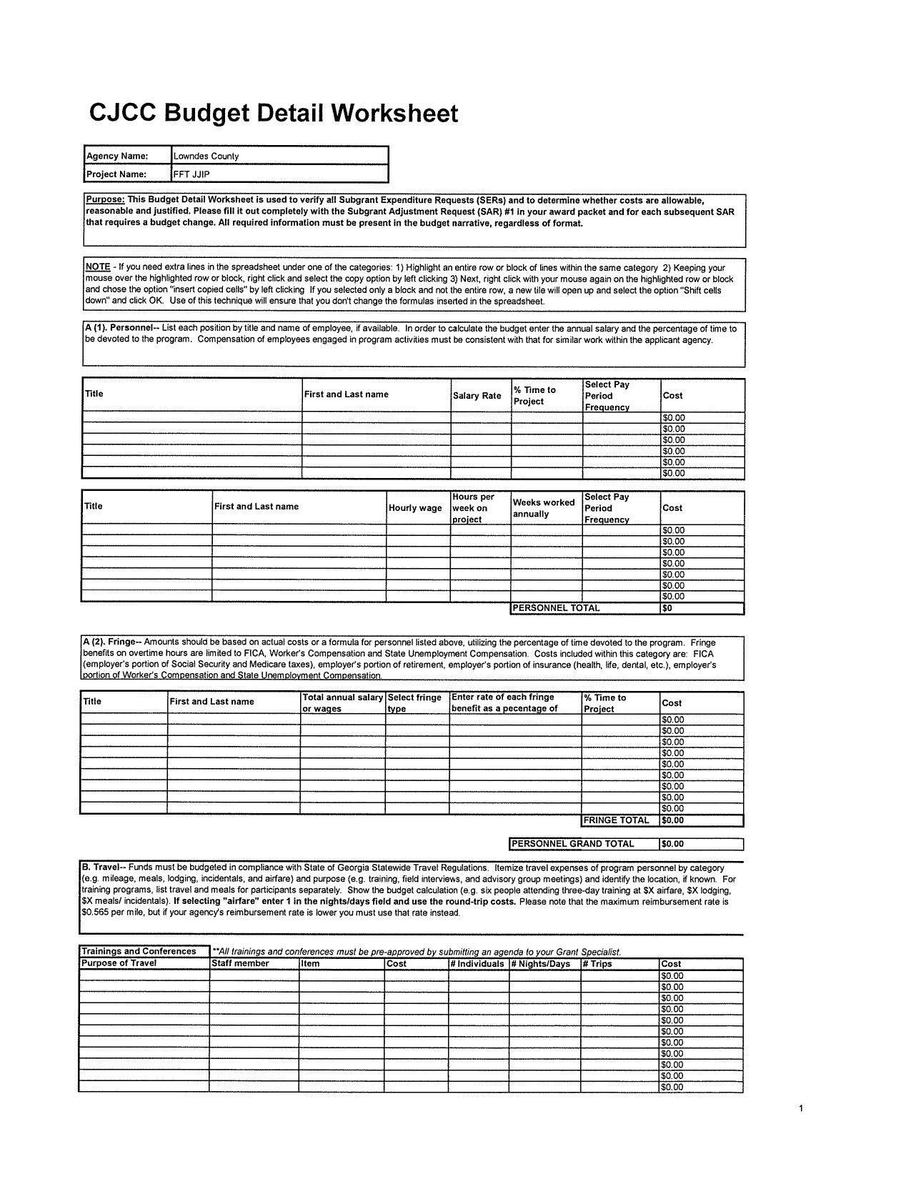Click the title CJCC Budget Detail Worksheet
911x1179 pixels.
point(273,114)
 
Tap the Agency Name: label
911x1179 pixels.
point(117,156)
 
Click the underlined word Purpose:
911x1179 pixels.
point(105,200)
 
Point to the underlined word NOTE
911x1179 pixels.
point(97,267)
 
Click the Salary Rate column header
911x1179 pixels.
point(477,396)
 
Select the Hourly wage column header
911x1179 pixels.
point(415,508)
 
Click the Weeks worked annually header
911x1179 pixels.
point(544,508)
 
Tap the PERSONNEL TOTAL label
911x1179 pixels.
point(557,608)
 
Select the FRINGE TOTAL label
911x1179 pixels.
point(617,820)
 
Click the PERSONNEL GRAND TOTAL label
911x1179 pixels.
point(573,844)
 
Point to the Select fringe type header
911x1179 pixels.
point(414,702)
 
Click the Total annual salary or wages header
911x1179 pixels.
point(342,702)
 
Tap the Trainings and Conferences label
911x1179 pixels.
point(139,951)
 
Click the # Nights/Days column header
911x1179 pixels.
point(541,964)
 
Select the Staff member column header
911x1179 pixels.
point(241,963)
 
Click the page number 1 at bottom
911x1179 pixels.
point(801,1108)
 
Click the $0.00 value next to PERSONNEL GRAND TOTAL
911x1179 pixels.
point(673,844)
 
